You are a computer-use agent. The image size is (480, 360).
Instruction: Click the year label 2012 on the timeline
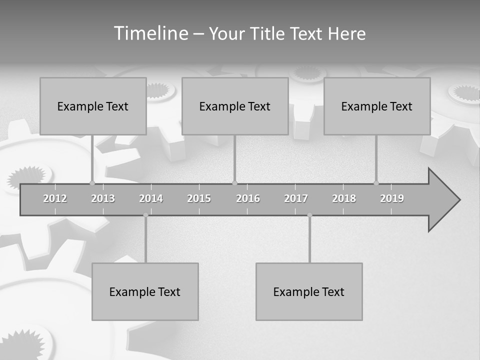[x=55, y=198]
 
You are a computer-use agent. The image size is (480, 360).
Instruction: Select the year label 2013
[x=103, y=198]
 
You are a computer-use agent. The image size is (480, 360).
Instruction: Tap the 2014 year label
[x=151, y=198]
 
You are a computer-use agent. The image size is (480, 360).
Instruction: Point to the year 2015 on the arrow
[x=199, y=198]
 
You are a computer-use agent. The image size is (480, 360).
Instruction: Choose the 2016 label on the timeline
[x=248, y=198]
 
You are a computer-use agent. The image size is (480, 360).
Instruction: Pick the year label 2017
[x=296, y=198]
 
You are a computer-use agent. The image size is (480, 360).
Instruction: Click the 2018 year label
[x=344, y=198]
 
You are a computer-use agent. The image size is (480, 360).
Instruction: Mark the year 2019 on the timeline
[x=392, y=198]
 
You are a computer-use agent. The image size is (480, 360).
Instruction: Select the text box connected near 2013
[x=93, y=106]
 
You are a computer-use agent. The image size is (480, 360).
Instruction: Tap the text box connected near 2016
[x=235, y=106]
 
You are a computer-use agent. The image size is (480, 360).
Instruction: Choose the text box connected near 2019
[x=377, y=106]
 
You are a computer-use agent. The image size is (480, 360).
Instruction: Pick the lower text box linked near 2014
[x=145, y=291]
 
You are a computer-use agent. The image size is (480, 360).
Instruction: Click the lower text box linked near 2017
[x=309, y=291]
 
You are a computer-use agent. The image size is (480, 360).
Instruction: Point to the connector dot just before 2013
[x=92, y=183]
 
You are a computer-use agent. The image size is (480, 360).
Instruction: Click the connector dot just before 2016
[x=234, y=183]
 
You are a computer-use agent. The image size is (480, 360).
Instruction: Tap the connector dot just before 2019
[x=376, y=183]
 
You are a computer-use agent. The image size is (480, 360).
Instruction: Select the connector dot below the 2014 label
[x=145, y=215]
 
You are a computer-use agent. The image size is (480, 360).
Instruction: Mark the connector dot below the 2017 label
[x=309, y=215]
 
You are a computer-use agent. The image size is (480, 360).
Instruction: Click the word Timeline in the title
[x=150, y=33]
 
